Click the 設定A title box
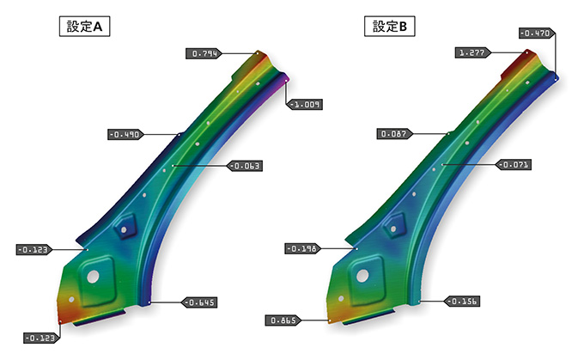point(84,26)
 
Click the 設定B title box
point(390,26)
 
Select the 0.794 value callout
point(204,53)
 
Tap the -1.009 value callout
point(305,104)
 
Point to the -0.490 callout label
point(126,135)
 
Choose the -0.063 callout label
point(245,166)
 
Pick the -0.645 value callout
point(199,302)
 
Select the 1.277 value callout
point(473,53)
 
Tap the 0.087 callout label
point(395,134)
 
